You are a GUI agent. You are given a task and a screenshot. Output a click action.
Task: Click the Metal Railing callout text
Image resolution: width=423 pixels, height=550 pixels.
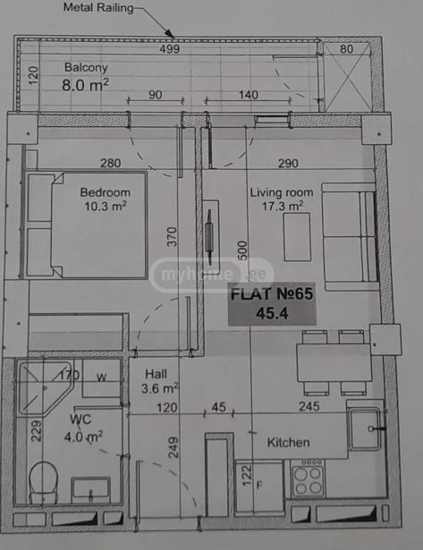(98, 7)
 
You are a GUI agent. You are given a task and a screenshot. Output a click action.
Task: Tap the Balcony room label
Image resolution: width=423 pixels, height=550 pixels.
(86, 67)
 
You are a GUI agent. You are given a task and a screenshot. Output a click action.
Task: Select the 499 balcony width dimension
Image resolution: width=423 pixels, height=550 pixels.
(170, 49)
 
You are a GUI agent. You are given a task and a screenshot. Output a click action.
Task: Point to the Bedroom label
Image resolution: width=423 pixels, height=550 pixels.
(106, 192)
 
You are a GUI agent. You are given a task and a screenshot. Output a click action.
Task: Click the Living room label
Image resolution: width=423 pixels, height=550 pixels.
(282, 192)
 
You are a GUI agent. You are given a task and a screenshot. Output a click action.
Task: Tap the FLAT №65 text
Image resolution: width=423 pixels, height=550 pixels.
(272, 294)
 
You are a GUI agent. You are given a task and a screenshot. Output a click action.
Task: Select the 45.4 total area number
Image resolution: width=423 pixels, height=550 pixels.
(272, 313)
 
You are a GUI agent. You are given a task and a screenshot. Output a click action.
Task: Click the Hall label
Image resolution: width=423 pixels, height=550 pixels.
(156, 374)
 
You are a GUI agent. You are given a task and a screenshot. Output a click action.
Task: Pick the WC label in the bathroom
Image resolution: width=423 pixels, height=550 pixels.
(80, 419)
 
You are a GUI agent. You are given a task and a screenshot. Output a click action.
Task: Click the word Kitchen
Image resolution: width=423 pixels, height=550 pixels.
(288, 443)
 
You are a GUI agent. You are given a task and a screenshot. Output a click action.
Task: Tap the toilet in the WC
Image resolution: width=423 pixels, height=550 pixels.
(43, 483)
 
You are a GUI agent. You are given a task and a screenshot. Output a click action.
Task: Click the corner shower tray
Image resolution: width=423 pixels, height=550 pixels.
(45, 388)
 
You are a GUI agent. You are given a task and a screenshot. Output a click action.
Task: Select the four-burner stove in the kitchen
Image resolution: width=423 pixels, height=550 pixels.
(308, 478)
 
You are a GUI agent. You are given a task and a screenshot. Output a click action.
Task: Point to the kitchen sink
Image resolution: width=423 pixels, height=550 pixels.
(365, 428)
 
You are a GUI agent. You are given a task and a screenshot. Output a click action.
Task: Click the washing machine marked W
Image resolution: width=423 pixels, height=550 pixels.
(102, 378)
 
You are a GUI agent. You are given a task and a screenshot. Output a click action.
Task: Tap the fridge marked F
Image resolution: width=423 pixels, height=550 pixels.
(259, 486)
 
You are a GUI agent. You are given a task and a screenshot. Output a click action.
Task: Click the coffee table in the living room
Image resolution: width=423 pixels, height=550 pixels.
(297, 237)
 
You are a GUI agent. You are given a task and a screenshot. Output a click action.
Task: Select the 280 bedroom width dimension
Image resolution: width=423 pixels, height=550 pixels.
(111, 163)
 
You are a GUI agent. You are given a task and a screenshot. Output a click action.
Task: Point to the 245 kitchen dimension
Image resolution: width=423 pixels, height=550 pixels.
(309, 407)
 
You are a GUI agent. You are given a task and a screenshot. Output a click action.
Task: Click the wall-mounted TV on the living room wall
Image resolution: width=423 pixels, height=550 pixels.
(210, 237)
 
